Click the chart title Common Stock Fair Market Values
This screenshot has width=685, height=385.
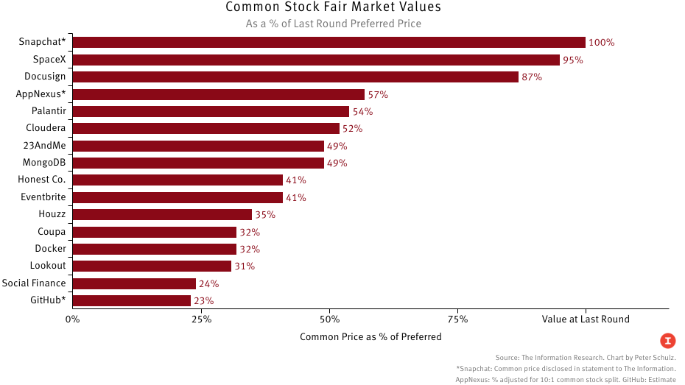pyautogui.click(x=333, y=7)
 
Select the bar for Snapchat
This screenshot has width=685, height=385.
pyautogui.click(x=329, y=43)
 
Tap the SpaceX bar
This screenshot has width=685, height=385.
pyautogui.click(x=317, y=60)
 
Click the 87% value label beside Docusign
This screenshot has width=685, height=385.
pyautogui.click(x=532, y=77)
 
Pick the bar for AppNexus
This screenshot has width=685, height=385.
pyautogui.click(x=219, y=94)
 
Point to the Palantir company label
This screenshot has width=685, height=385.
pyautogui.click(x=49, y=111)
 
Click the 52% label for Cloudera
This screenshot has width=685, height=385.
pyautogui.click(x=353, y=129)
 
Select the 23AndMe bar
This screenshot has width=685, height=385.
pyautogui.click(x=199, y=146)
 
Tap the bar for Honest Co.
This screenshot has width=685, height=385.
pyautogui.click(x=178, y=180)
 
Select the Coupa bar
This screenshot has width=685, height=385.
pyautogui.click(x=155, y=232)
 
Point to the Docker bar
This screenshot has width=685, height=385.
pyautogui.click(x=155, y=249)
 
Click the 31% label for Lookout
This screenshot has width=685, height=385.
pyautogui.click(x=245, y=266)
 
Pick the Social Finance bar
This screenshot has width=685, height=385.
pyautogui.click(x=135, y=283)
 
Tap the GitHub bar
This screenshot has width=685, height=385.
pyautogui.click(x=132, y=300)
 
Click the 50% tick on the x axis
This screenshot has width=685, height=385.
pyautogui.click(x=329, y=319)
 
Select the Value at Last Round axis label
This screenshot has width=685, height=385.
pyautogui.click(x=586, y=319)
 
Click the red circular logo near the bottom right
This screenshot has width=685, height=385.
pyautogui.click(x=667, y=340)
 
